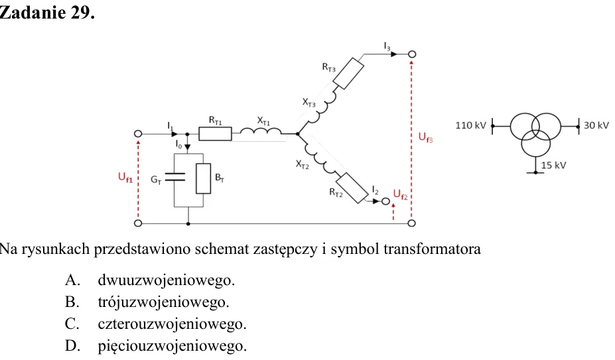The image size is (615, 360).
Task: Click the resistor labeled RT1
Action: pyautogui.click(x=215, y=134)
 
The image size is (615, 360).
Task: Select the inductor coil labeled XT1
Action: pyautogui.click(x=261, y=131)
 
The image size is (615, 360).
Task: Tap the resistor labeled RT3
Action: pyautogui.click(x=348, y=74)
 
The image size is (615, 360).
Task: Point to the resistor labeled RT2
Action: pyautogui.click(x=352, y=188)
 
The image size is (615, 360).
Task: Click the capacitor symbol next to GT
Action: pyautogui.click(x=174, y=177)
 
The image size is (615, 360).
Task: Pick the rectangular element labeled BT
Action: pyautogui.click(x=203, y=178)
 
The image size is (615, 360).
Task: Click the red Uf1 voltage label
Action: pyautogui.click(x=125, y=177)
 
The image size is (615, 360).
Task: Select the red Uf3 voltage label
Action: pyautogui.click(x=425, y=137)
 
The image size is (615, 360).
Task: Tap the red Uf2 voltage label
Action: pyautogui.click(x=401, y=194)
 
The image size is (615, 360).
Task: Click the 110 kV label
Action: pyautogui.click(x=470, y=125)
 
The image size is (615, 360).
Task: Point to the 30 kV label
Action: pyautogui.click(x=596, y=125)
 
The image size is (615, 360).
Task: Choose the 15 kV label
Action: pyautogui.click(x=553, y=165)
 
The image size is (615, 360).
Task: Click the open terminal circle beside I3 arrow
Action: pyautogui.click(x=411, y=54)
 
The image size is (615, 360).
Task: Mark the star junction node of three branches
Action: pyautogui.click(x=298, y=134)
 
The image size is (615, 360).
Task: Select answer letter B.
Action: pyautogui.click(x=72, y=302)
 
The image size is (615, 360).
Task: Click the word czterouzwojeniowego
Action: pyautogui.click(x=172, y=324)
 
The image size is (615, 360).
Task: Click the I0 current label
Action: pyautogui.click(x=179, y=145)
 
